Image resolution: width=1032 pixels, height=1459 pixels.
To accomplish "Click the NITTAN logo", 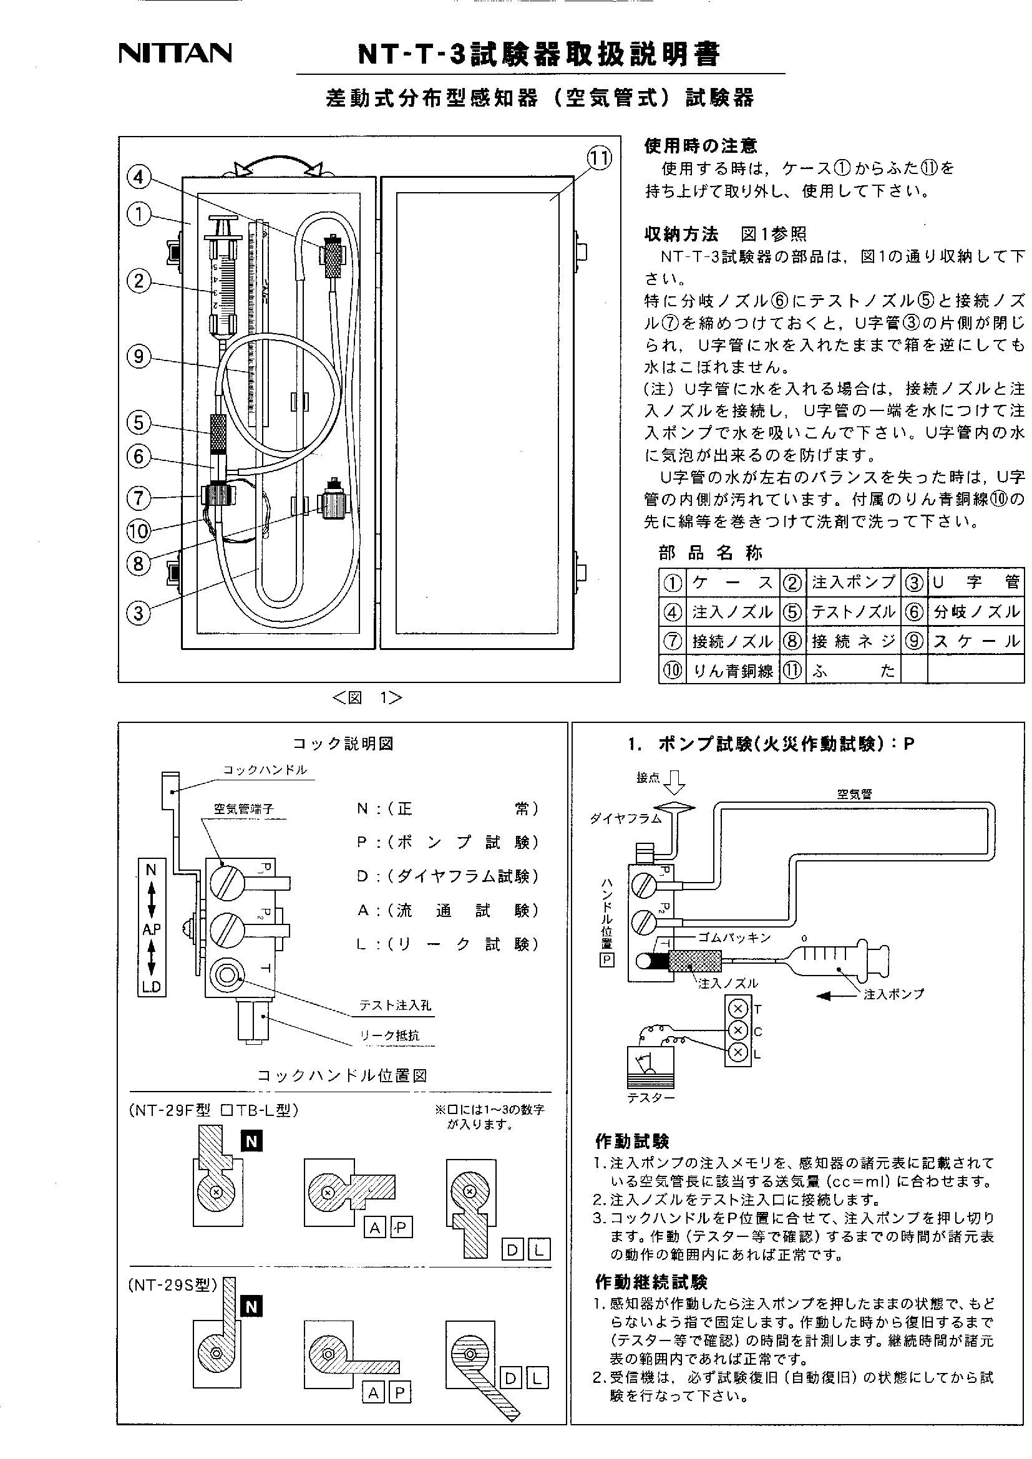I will tap(175, 54).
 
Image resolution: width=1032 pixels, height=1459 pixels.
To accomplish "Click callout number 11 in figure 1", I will tap(598, 159).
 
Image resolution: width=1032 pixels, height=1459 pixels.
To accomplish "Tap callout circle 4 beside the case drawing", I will tap(139, 177).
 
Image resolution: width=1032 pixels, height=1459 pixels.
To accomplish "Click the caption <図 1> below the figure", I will tap(367, 698).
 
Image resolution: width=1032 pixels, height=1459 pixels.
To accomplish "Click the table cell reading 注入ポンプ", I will tap(853, 582).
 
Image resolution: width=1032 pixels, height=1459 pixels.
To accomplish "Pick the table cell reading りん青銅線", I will tap(733, 671).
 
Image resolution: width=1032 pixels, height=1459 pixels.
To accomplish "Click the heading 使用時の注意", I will tap(700, 146).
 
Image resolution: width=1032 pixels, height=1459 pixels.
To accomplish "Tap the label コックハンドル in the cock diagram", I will tap(265, 770).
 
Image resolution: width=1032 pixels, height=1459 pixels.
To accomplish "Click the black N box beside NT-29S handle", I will tap(251, 1307).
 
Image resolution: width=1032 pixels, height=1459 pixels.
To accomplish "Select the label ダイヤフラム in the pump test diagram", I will tap(626, 818).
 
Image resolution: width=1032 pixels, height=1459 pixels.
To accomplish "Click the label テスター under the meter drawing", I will tap(651, 1097).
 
